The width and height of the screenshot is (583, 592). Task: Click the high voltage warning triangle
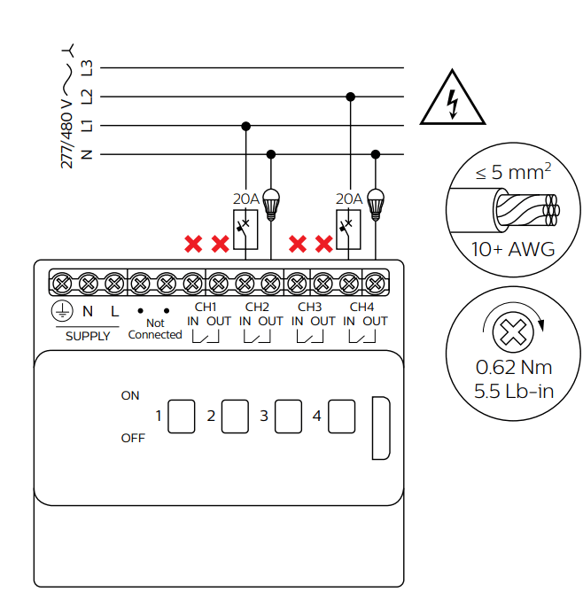click(x=453, y=97)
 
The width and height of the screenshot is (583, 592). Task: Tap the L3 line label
click(x=87, y=67)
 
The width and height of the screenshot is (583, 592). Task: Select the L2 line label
click(x=87, y=96)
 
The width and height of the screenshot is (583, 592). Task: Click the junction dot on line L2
click(x=351, y=96)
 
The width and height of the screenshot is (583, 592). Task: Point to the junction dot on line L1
click(x=245, y=125)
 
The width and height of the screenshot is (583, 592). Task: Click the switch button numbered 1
click(x=182, y=416)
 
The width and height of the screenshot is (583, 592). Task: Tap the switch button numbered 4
click(x=341, y=416)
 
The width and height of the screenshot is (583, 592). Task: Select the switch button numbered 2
click(x=235, y=416)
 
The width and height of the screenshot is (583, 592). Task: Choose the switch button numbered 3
click(x=288, y=416)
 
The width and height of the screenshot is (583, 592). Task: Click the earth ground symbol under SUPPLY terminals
click(x=61, y=311)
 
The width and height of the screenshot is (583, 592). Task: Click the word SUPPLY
click(x=88, y=337)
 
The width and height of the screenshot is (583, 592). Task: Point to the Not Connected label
click(x=154, y=329)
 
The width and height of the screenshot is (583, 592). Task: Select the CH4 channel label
click(x=361, y=307)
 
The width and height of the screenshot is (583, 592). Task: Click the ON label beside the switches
click(x=130, y=395)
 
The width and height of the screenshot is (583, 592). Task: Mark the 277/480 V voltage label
click(x=66, y=124)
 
